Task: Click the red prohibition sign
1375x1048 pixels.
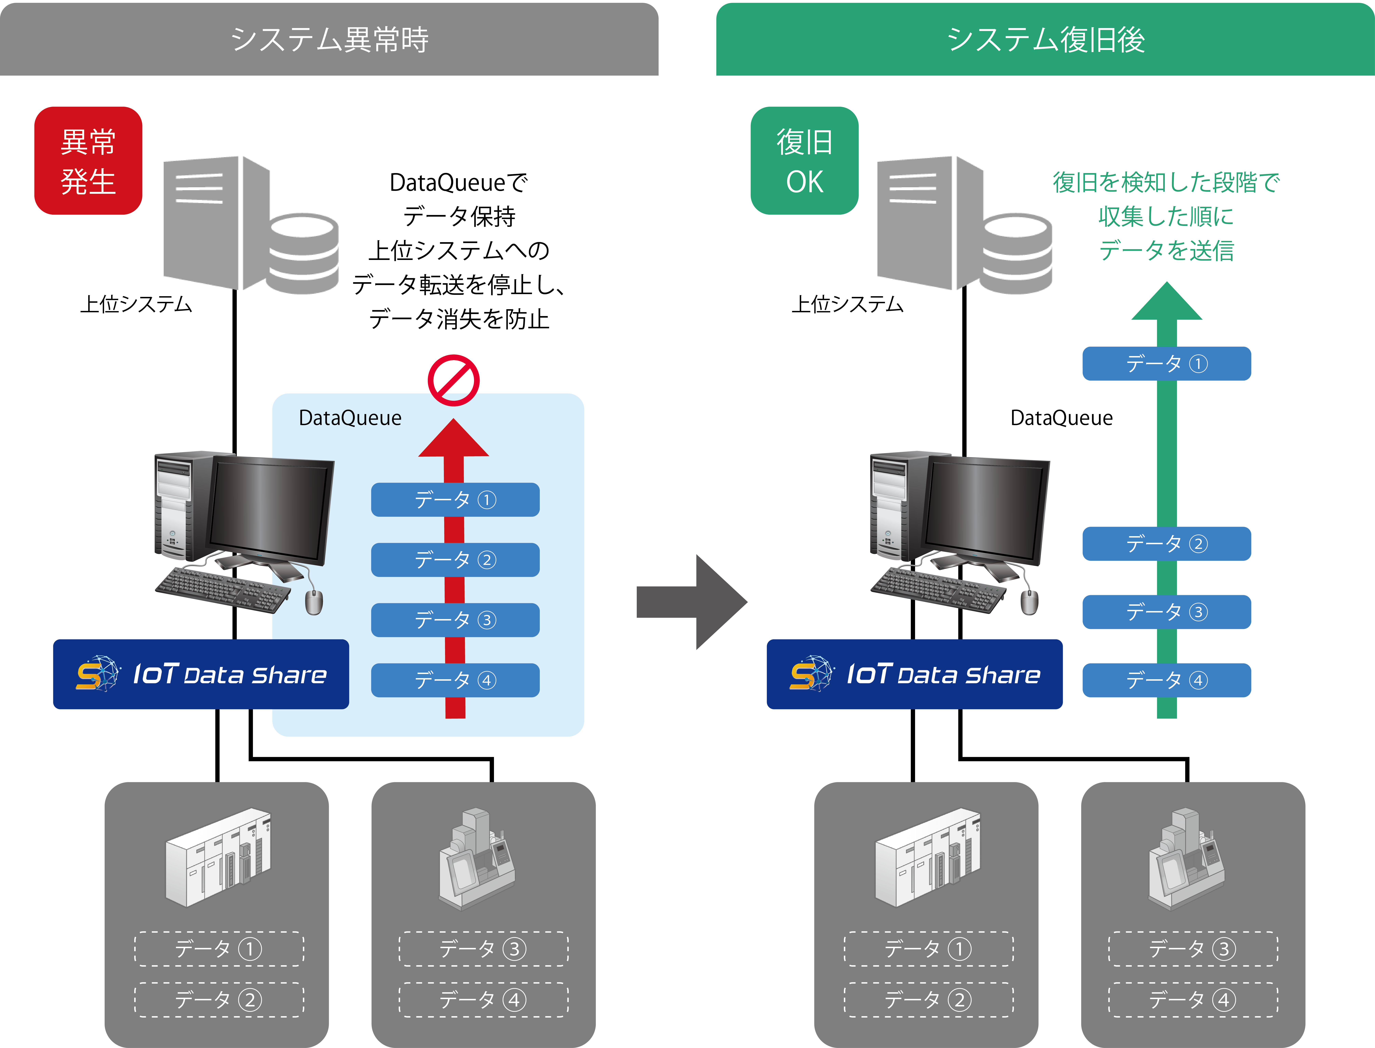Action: coord(454,380)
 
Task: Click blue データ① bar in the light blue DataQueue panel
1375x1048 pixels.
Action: coord(455,500)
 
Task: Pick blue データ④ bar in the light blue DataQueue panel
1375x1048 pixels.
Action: coord(455,680)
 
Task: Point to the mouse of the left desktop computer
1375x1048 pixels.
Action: coord(314,602)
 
